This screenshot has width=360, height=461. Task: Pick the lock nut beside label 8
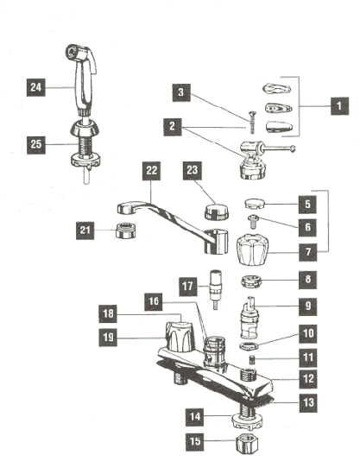pos(255,282)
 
